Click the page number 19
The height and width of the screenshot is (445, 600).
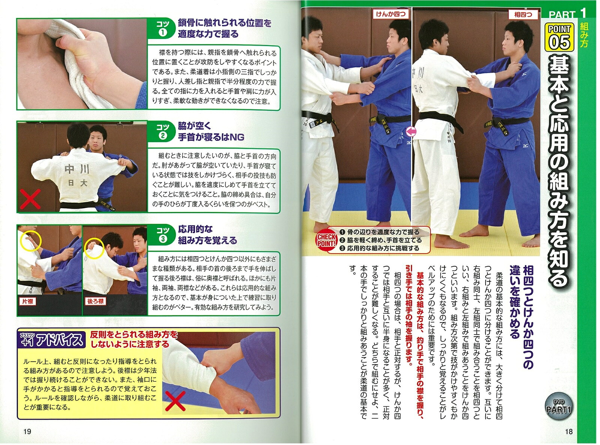[x=27, y=431]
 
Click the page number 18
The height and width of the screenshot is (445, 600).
[x=569, y=432]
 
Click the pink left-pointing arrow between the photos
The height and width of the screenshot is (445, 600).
[x=411, y=132]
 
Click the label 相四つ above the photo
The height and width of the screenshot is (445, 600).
[x=523, y=14]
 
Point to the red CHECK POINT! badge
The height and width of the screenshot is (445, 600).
[x=327, y=240]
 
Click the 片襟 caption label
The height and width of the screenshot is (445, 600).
[x=28, y=301]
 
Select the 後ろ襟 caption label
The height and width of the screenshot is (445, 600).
[x=96, y=301]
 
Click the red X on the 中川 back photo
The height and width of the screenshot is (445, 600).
[x=30, y=199]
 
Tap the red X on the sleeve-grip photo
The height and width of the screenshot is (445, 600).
[x=175, y=401]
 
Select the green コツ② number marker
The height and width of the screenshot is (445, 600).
[x=162, y=131]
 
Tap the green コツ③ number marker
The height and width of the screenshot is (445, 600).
[x=162, y=235]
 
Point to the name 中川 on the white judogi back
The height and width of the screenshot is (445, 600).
[x=77, y=170]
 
